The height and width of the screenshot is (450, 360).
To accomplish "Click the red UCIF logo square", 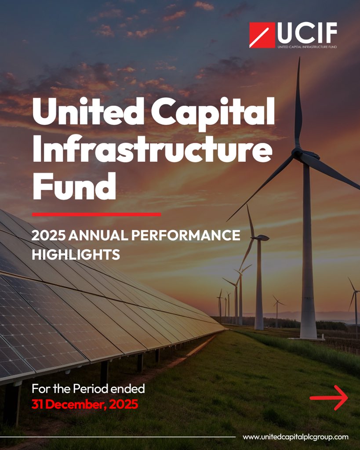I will point(262,35).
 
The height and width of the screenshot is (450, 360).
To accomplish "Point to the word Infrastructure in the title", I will point(152,149).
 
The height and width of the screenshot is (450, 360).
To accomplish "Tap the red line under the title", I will point(97,214).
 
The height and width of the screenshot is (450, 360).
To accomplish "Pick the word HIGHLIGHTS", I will point(76,254).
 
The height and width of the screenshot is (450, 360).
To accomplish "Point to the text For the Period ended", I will point(88,389).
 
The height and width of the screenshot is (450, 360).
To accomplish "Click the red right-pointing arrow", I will point(329,398).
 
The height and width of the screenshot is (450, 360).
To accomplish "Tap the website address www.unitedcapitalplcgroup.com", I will point(295,437).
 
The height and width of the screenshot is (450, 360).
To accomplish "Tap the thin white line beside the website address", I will point(132,437).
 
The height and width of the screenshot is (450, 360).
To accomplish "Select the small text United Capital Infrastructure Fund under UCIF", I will point(307,46).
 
